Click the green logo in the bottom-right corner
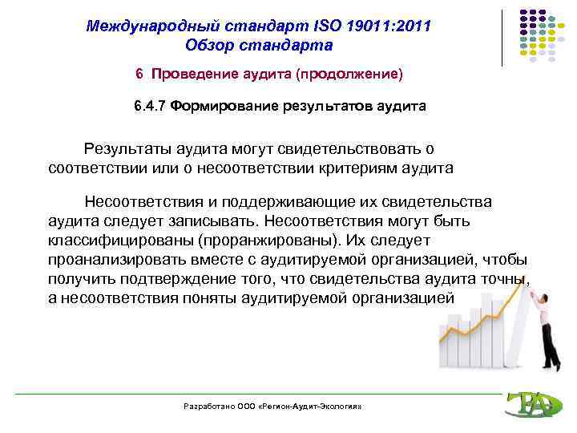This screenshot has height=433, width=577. point(528,404)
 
